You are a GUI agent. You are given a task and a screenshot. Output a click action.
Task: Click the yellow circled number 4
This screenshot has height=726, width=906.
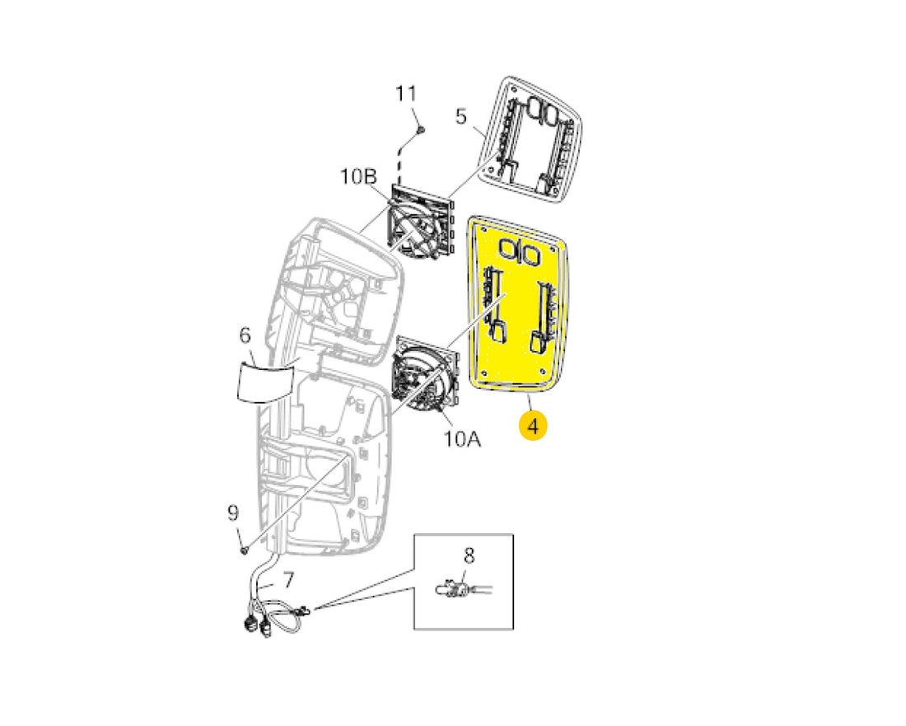tap(533, 426)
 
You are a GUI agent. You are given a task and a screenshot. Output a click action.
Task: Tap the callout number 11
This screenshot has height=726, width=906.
tap(405, 93)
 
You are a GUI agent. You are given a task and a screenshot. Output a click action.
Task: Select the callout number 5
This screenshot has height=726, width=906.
tap(460, 116)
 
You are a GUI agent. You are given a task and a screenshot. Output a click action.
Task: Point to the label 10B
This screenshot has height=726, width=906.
tap(358, 176)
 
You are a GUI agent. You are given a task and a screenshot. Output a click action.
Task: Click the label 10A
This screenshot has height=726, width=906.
tap(462, 438)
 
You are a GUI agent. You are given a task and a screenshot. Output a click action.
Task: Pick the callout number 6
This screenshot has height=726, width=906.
tap(245, 335)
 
